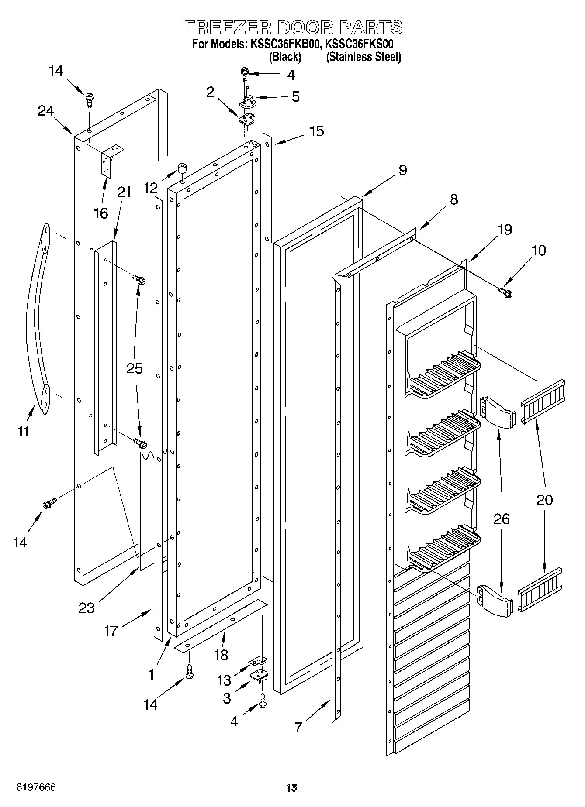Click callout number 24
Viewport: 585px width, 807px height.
click(x=45, y=111)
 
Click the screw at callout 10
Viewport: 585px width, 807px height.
click(x=506, y=291)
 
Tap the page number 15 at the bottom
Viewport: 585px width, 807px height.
click(x=291, y=787)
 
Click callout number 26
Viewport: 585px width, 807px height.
click(x=502, y=519)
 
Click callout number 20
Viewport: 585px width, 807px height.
click(x=545, y=500)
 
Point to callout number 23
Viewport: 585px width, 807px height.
click(x=86, y=607)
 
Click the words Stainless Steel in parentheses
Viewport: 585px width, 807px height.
click(x=363, y=57)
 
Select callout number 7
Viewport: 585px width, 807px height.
click(x=298, y=727)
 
